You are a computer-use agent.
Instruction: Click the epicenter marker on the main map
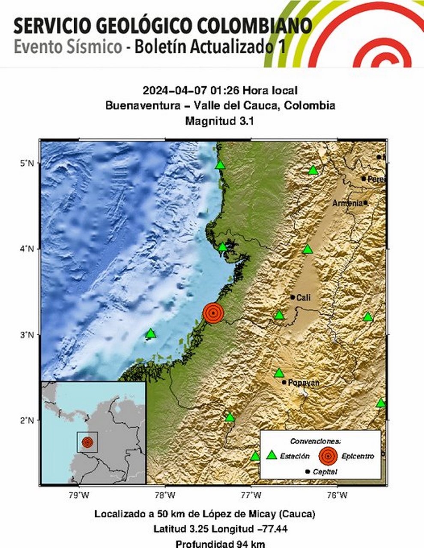coord(213,313)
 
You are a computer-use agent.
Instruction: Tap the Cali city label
coord(303,298)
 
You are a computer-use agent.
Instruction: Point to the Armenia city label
coord(347,203)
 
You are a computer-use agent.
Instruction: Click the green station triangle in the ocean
coord(150,334)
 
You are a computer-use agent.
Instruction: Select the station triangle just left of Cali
coord(279,316)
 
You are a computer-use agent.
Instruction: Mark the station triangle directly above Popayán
coord(279,373)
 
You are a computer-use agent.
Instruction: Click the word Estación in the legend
coord(295,456)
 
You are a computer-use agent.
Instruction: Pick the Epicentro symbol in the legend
coord(328,456)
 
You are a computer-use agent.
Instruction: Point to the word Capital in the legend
coord(325,472)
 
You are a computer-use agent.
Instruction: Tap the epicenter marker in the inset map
coord(87,442)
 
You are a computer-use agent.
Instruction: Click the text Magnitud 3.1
coord(220,121)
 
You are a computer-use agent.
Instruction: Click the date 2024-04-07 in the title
coord(175,90)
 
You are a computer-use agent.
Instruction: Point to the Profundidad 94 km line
coord(221,544)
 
